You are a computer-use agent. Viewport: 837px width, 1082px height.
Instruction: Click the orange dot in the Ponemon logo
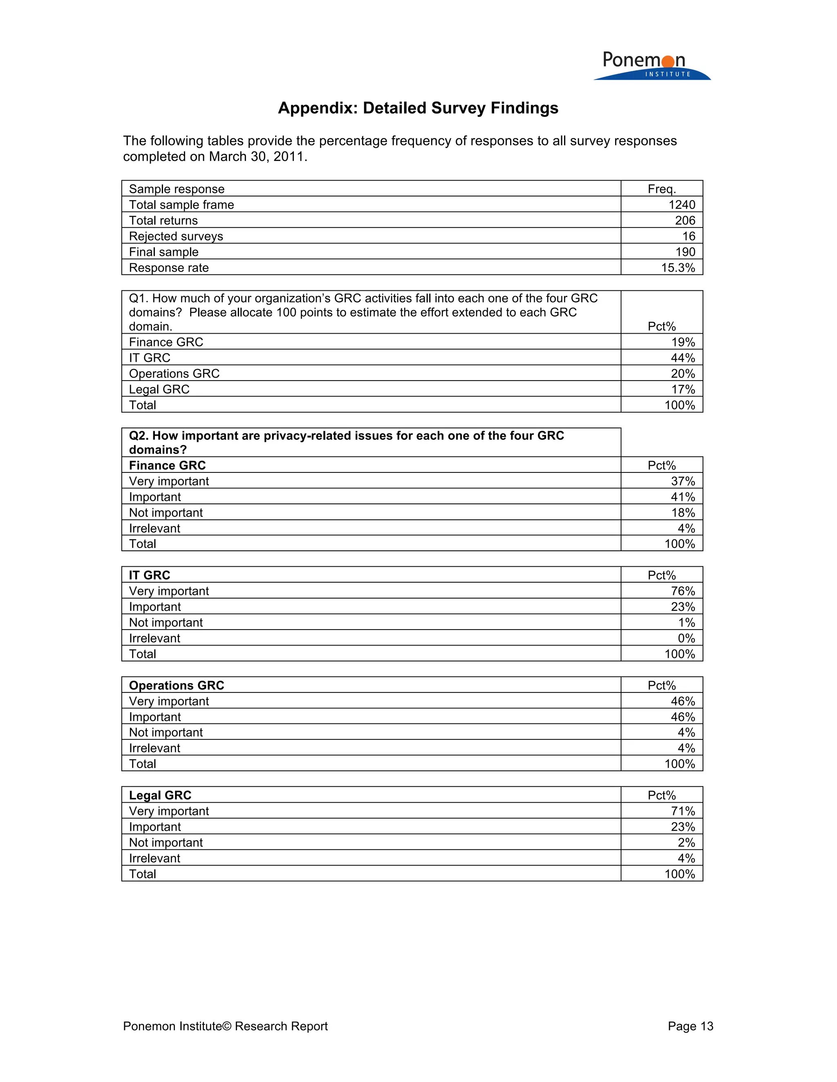(x=668, y=61)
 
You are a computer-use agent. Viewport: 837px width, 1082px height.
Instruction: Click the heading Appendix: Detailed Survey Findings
(x=418, y=108)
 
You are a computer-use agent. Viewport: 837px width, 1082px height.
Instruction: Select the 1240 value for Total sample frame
(x=681, y=205)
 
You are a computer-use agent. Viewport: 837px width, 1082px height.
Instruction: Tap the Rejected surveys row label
(x=176, y=236)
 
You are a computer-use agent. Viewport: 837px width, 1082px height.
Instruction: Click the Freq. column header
(x=662, y=189)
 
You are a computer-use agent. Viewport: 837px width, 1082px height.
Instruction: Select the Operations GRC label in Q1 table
(x=174, y=374)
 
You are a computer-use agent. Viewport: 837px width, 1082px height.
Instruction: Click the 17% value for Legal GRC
(x=683, y=390)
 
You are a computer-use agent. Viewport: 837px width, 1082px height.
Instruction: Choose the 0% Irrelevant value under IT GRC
(x=686, y=638)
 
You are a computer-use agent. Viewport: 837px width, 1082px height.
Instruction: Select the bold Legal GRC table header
(x=160, y=795)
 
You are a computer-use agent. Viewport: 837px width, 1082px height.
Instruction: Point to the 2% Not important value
(x=686, y=842)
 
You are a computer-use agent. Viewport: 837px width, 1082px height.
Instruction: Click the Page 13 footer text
(x=690, y=1026)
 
